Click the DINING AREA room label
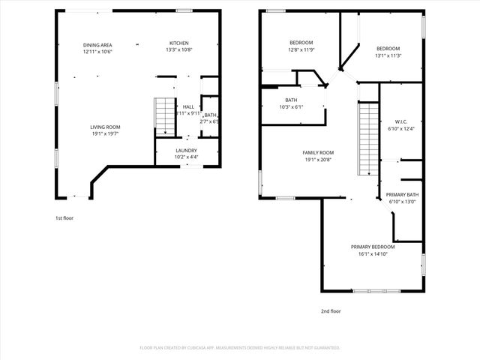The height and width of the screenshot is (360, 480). coord(97,45)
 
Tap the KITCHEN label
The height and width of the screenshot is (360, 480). coord(178,43)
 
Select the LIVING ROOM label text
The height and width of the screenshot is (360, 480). coord(105,127)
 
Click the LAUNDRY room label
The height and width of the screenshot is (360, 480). coord(186,150)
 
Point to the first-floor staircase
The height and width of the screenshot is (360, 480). coord(164,115)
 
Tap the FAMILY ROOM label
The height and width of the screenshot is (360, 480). coord(317,152)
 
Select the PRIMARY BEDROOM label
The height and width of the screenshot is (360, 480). coord(373,247)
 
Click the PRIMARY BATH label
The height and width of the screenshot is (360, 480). coord(402,195)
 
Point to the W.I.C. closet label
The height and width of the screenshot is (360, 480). coord(400,121)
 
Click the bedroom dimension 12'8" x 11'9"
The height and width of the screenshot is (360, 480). coord(301,49)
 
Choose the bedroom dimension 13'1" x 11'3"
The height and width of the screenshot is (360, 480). coord(388,55)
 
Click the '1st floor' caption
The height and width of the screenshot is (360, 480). coord(64,217)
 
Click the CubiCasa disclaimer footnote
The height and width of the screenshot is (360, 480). coord(240,348)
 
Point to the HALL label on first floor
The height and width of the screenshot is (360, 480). coord(188,106)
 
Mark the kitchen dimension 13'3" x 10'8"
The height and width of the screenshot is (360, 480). coord(178,49)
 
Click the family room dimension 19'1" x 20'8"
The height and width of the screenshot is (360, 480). coord(317,159)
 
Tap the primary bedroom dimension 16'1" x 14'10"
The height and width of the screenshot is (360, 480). coord(373,253)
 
